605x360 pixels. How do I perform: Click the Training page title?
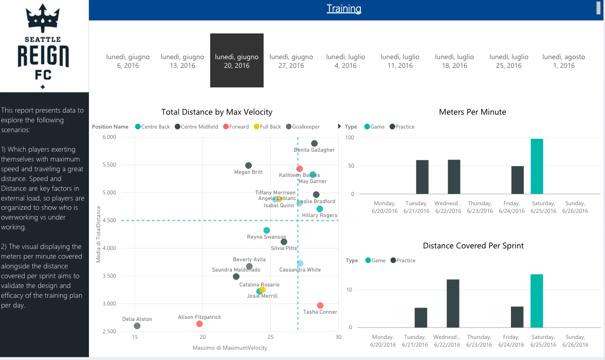(344, 9)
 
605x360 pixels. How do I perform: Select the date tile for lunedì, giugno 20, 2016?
(236, 61)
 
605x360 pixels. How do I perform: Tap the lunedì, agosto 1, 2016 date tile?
(563, 61)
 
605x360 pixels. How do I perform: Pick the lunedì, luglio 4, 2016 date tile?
(345, 61)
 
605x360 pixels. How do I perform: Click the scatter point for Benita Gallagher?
(315, 143)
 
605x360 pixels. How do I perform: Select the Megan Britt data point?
(248, 166)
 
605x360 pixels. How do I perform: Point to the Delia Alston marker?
(137, 326)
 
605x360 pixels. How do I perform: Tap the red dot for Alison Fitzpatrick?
(199, 324)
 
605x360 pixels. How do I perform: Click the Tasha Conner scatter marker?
(320, 305)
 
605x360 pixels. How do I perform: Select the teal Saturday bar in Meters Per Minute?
(537, 166)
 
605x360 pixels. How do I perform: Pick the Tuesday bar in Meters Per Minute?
(422, 177)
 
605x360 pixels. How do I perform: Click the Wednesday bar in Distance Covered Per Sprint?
(453, 303)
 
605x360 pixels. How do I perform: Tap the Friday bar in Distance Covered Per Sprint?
(517, 317)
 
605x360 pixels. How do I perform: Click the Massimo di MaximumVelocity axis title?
(230, 348)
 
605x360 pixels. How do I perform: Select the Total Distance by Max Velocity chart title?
(217, 112)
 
